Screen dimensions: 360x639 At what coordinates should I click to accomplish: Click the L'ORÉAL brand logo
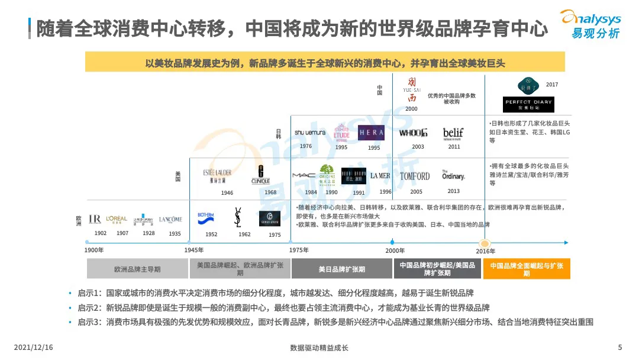[117, 219]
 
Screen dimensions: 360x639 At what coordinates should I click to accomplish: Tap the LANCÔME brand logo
[170, 219]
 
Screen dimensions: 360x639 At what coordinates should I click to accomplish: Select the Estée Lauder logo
[217, 175]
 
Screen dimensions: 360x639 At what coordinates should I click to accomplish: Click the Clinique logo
[260, 175]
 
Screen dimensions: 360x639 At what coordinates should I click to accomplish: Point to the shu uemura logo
[310, 133]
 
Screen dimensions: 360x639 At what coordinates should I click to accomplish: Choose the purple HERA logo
[371, 133]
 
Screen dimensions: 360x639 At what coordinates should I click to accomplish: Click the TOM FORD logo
[415, 176]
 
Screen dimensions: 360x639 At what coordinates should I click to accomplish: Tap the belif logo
[453, 133]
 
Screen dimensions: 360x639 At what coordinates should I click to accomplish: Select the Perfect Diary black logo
[528, 104]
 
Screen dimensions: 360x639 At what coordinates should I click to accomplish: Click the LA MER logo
[380, 176]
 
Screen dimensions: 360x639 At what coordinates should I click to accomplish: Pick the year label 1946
[227, 193]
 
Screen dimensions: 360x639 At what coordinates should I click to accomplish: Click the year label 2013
[453, 191]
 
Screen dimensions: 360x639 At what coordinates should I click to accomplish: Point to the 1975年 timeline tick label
[299, 250]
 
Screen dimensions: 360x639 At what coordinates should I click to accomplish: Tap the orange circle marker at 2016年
[485, 242]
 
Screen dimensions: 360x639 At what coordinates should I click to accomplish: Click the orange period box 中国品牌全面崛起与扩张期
[527, 269]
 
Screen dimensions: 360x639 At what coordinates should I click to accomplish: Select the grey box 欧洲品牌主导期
[137, 269]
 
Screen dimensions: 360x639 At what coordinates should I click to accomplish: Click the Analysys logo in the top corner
[590, 24]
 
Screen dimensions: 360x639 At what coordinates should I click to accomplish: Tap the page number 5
[619, 348]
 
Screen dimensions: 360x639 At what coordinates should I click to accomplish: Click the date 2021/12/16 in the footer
[33, 348]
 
